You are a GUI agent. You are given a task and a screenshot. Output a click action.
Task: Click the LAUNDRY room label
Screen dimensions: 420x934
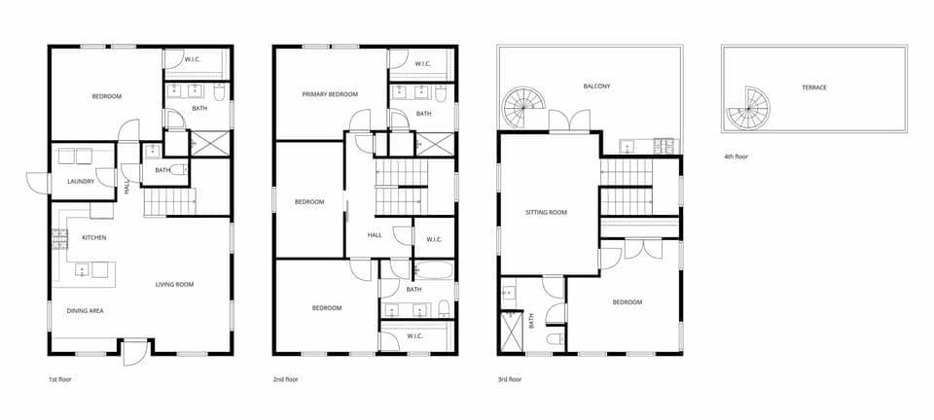[x=81, y=182]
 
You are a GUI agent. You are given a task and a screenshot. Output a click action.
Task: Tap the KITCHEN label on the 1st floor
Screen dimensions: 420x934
[x=94, y=237]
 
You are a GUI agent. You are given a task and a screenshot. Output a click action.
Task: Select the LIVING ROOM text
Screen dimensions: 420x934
[x=175, y=285]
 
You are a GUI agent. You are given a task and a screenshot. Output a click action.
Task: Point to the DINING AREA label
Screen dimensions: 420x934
[x=86, y=310]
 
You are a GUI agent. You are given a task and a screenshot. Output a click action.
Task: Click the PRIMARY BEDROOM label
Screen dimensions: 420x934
[x=330, y=94]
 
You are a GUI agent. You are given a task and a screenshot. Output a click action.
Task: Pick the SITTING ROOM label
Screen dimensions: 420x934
[x=546, y=212]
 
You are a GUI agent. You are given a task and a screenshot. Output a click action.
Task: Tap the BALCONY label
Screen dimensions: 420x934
[x=596, y=86]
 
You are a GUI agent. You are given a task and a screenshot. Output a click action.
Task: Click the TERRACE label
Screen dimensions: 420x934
[x=814, y=87]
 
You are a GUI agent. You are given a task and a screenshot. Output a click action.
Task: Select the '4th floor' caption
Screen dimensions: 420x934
[x=736, y=156]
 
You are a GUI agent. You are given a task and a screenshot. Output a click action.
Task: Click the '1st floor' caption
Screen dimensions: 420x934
[x=59, y=379]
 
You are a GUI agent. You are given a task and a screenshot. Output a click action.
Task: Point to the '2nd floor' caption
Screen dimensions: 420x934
[x=285, y=379]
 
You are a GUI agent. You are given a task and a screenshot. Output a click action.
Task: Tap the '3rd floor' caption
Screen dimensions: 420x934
[x=509, y=379]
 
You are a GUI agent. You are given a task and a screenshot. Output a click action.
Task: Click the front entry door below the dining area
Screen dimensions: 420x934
[x=135, y=351]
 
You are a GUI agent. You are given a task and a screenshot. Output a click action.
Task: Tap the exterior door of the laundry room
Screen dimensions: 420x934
[x=36, y=182]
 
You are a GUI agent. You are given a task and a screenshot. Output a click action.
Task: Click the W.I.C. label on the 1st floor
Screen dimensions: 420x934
[x=192, y=59]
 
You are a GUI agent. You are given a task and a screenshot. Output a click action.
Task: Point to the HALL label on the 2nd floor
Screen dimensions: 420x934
[x=375, y=235]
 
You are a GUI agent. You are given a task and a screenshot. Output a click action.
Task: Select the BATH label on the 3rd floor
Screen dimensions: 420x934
[x=531, y=320]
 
